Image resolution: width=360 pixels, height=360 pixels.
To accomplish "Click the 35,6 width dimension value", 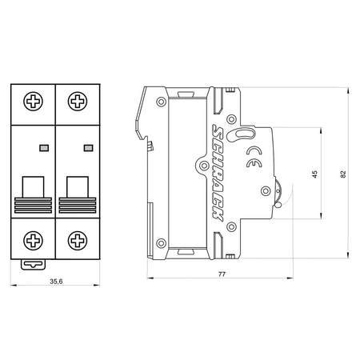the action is point(56,282).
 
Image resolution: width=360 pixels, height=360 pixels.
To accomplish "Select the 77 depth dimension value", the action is point(222,274).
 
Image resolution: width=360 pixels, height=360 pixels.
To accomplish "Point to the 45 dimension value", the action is point(315,174).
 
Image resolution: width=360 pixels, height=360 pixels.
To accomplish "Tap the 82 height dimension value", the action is point(343,174).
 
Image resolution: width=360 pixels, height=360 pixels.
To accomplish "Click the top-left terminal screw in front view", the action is point(33,102).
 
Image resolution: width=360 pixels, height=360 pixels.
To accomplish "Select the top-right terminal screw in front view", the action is point(78,102).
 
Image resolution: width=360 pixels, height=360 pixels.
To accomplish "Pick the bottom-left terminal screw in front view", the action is point(33,241).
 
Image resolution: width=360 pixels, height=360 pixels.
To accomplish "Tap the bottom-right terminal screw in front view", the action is point(78,241).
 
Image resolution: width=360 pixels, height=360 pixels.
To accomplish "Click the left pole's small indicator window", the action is point(44,148).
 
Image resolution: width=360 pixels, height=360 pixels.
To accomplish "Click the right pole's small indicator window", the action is point(89,148).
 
